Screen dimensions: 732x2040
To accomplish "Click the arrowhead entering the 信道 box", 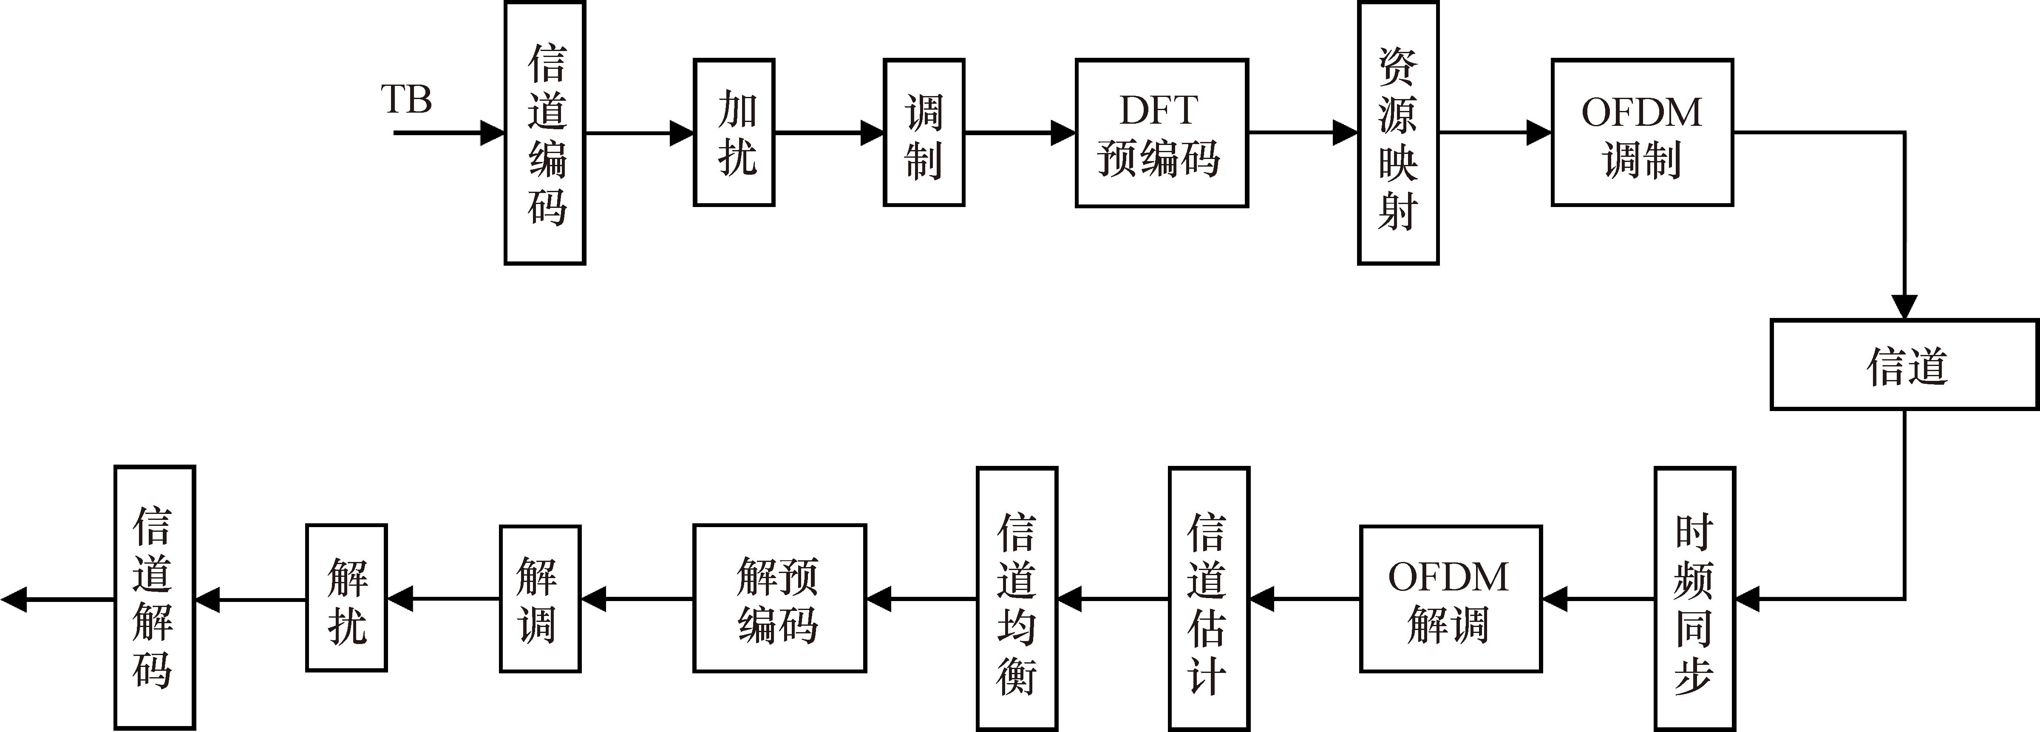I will [x=1904, y=307].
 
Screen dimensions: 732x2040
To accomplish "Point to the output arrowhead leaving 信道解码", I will [x=14, y=600].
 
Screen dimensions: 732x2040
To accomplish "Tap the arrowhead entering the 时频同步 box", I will [x=1748, y=600].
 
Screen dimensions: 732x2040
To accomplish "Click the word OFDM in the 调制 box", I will [x=1642, y=112].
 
